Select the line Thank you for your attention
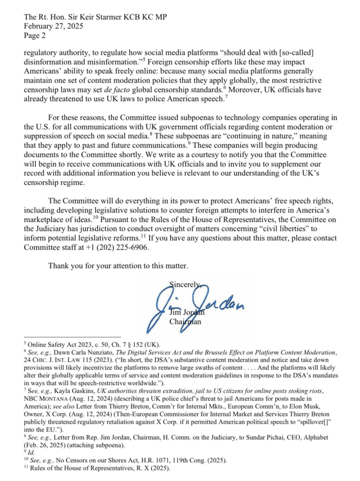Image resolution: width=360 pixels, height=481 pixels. (x=118, y=266)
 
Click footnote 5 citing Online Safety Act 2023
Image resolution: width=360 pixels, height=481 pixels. (x=89, y=343)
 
